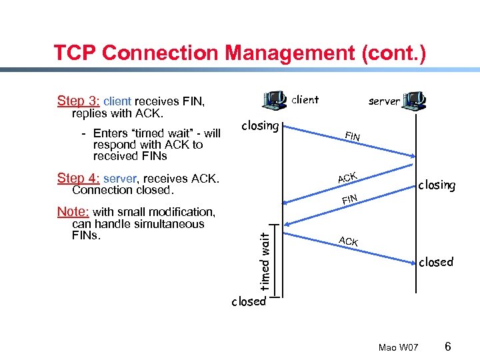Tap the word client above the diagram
tap(306, 100)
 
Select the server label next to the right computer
tap(384, 101)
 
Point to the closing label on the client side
tap(260, 125)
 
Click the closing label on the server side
tap(437, 185)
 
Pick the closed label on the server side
tap(436, 262)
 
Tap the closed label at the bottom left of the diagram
tap(248, 301)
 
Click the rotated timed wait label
tap(265, 261)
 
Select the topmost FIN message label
tap(353, 137)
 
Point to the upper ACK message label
tap(347, 177)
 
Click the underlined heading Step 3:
tap(79, 101)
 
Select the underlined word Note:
tap(73, 212)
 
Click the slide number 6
tap(448, 347)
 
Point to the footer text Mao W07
tap(398, 348)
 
